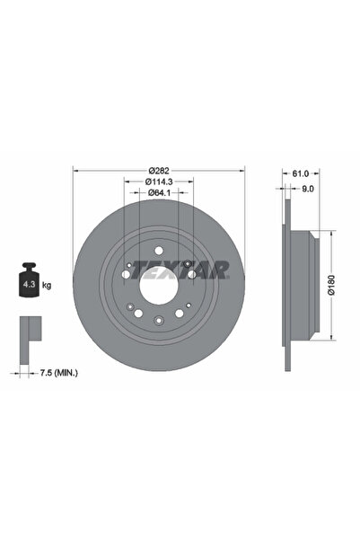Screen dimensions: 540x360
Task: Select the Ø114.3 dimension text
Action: pyautogui.click(x=159, y=181)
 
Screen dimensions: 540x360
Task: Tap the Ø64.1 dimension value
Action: pyautogui.click(x=159, y=192)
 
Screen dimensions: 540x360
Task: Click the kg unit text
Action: pyautogui.click(x=47, y=285)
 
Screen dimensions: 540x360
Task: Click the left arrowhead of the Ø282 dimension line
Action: pyautogui.click(x=75, y=172)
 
